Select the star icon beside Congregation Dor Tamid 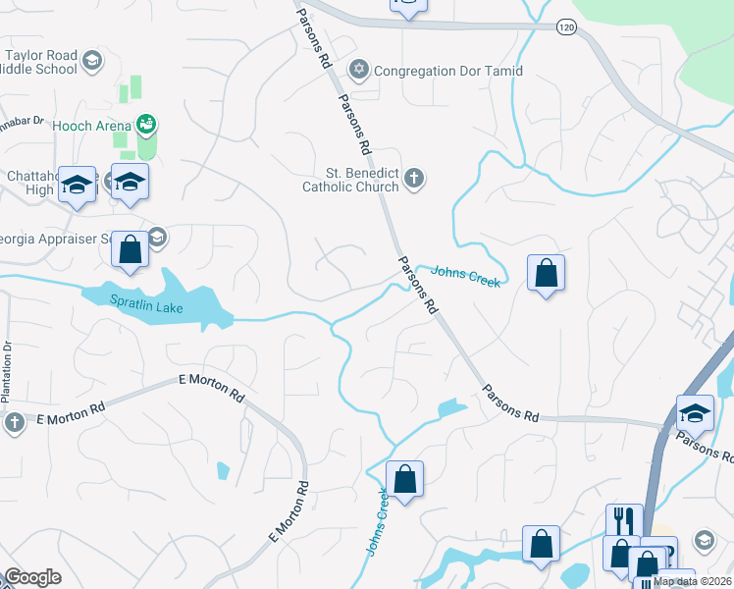coord(359,70)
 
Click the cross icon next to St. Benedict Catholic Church coord(414,178)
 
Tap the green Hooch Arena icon coord(146,124)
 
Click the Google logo coord(32,577)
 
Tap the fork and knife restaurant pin coord(623,520)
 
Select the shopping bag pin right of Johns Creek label coord(547,273)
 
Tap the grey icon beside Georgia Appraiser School coord(157,238)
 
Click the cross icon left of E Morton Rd coord(14,422)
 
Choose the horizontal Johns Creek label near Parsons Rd coord(466,276)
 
